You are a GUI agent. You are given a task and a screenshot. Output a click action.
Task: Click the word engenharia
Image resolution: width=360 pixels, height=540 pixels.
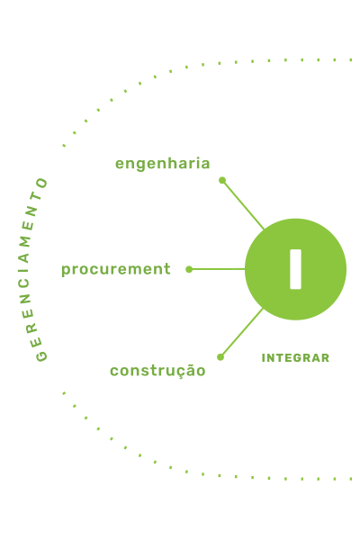pyautogui.click(x=162, y=164)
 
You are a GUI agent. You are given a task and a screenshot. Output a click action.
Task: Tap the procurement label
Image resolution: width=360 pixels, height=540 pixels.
pyautogui.click(x=116, y=269)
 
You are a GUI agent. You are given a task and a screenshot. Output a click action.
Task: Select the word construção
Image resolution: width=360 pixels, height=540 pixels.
pyautogui.click(x=157, y=371)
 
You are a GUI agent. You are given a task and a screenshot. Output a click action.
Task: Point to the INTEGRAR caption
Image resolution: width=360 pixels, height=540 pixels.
pyautogui.click(x=295, y=358)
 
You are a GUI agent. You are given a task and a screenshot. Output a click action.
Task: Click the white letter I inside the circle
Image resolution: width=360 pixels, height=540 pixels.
pyautogui.click(x=295, y=269)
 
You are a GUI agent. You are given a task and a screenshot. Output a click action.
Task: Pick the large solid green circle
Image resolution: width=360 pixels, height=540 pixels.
pyautogui.click(x=295, y=269)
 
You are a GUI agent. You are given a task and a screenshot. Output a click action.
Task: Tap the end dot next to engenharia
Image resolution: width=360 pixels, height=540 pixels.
pyautogui.click(x=222, y=180)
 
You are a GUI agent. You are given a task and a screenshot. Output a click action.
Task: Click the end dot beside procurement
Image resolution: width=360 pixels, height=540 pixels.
pyautogui.click(x=189, y=269)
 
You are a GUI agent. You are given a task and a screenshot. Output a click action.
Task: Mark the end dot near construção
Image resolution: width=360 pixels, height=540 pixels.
pyautogui.click(x=220, y=357)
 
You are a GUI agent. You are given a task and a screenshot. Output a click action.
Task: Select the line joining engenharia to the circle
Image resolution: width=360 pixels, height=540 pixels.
pyautogui.click(x=243, y=204)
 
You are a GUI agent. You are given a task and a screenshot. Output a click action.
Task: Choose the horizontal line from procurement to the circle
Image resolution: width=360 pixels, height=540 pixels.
pyautogui.click(x=217, y=269)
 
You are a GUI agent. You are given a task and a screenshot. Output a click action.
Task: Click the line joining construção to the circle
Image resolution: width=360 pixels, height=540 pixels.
pyautogui.click(x=242, y=333)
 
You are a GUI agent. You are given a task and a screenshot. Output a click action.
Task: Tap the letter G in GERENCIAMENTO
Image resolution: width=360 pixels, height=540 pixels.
pyautogui.click(x=41, y=355)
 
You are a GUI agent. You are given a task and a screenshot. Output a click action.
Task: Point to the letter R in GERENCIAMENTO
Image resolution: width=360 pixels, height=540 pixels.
pyautogui.click(x=32, y=328)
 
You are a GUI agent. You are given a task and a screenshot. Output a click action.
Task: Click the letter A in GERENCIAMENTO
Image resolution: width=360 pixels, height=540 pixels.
pyautogui.click(x=24, y=257)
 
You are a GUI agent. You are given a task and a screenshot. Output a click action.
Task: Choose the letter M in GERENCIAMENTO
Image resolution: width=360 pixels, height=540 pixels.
pyautogui.click(x=25, y=241)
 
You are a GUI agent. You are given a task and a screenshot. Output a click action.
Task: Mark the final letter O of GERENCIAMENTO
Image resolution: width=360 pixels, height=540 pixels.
pyautogui.click(x=42, y=183)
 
